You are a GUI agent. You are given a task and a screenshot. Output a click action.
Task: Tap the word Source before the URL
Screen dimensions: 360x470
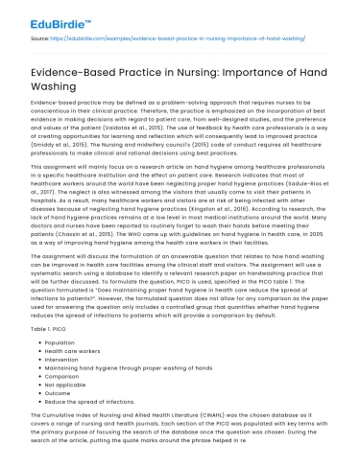40,39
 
